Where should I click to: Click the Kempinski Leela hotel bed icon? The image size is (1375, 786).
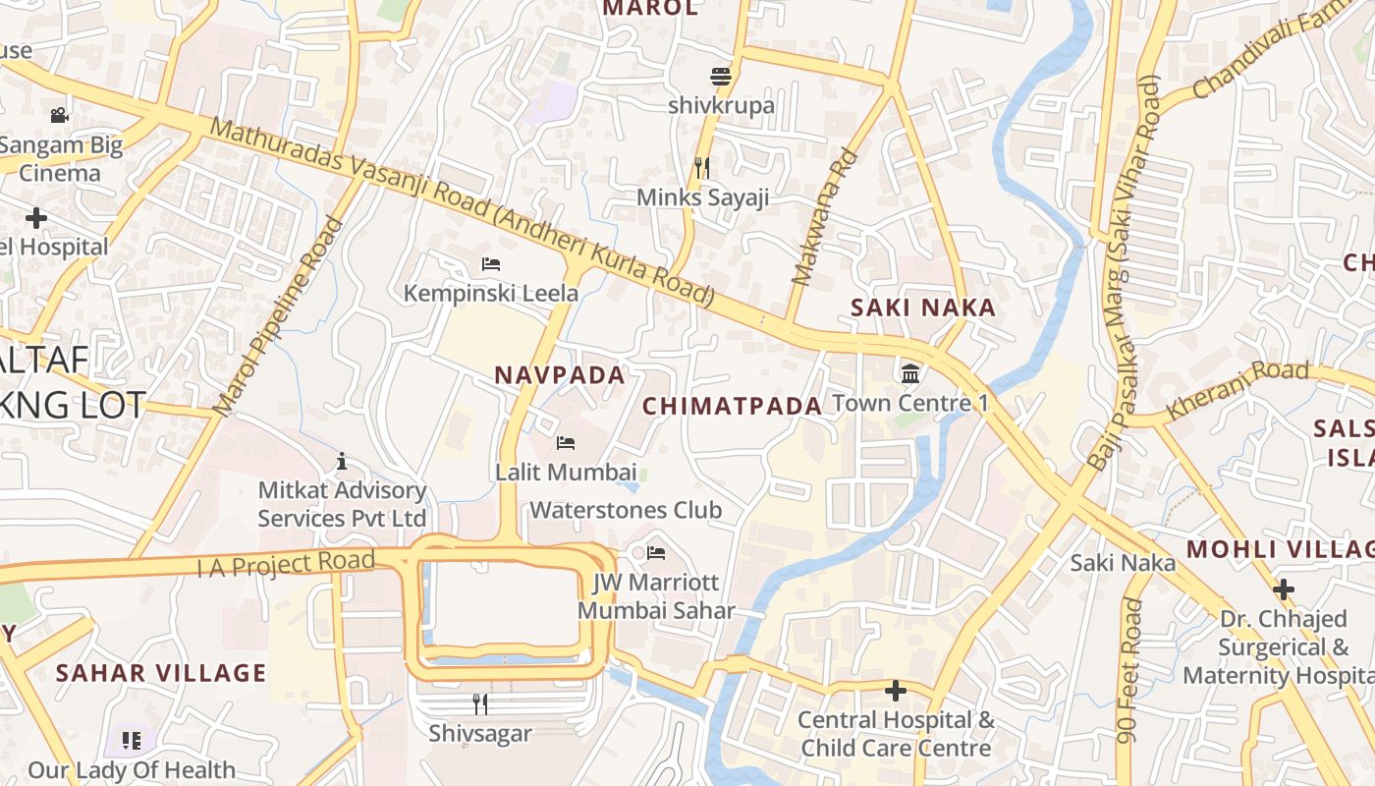coord(491,263)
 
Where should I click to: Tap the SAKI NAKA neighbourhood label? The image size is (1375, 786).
coord(923,308)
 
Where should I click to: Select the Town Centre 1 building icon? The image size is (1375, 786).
coord(909,373)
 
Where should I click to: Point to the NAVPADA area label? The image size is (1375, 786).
coord(560,374)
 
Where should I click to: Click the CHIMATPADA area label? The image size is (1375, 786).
coord(732,406)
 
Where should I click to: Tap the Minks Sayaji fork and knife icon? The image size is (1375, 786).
coord(702,167)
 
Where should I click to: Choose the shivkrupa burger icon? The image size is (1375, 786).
coord(721,76)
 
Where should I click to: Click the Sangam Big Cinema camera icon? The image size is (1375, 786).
coord(60,115)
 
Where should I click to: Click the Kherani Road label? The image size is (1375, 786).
coord(1237,390)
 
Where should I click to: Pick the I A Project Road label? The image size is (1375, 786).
coord(286,564)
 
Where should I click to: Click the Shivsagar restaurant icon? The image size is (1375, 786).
coord(480,703)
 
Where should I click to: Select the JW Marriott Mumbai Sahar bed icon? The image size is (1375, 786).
coord(656,552)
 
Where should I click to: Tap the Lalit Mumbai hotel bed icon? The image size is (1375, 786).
coord(566,442)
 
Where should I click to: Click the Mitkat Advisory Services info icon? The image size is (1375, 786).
coord(342,460)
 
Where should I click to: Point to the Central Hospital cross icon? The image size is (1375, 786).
coord(895,691)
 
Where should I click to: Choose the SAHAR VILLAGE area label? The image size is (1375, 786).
coord(161,673)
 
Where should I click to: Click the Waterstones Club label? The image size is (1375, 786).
coord(626,510)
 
